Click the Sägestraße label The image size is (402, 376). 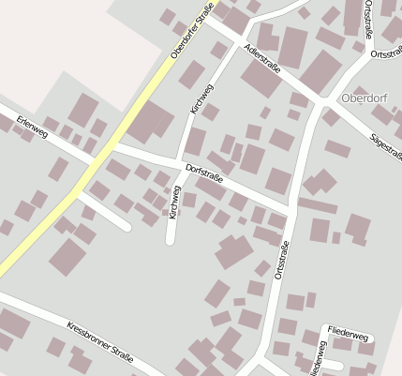click(x=385, y=143)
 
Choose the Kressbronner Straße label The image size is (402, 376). click(x=100, y=345)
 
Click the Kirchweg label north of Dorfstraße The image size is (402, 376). click(x=201, y=98)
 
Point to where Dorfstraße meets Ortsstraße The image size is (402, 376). click(x=291, y=212)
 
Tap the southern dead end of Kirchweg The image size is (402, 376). click(x=171, y=241)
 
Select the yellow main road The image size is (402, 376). click(x=56, y=212)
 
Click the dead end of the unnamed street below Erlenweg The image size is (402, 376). click(x=127, y=226)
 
